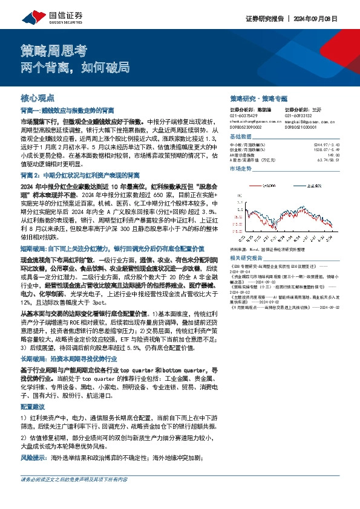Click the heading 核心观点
(x=38, y=97)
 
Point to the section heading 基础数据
(x=242, y=137)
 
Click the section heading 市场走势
(x=242, y=169)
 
